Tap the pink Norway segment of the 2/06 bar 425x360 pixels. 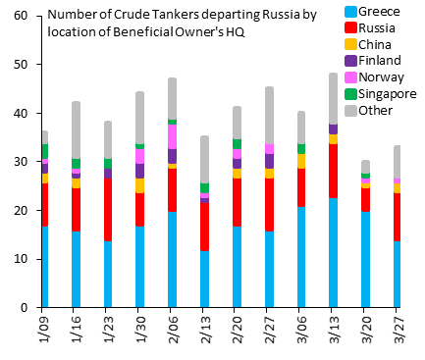click(172, 136)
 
